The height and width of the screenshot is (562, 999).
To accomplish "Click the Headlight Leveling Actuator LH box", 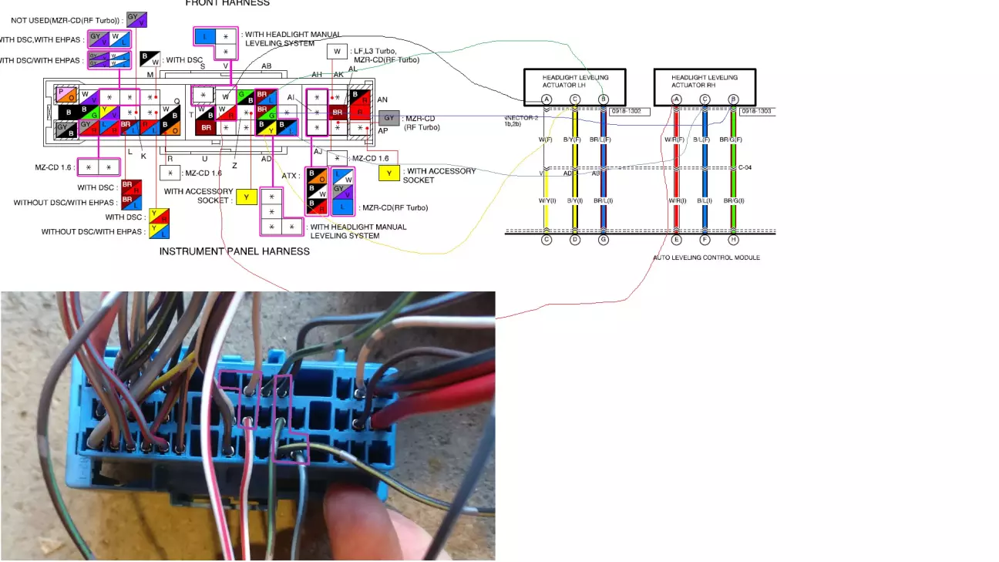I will point(574,81).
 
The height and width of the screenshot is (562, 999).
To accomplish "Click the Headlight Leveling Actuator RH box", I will point(704,81).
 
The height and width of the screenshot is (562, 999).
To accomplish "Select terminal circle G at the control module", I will point(604,240).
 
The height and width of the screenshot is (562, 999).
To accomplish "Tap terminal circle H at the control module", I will point(734,240).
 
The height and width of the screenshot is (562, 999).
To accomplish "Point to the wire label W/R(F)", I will point(676,140).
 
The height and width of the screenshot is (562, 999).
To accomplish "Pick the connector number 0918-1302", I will point(629,112).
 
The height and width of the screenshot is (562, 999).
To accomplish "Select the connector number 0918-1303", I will point(757,112).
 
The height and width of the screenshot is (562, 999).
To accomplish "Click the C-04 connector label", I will point(745,167).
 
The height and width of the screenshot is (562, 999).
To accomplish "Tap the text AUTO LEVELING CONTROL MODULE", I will point(706,257).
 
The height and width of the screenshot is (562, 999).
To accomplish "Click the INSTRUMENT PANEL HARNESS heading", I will point(234,251).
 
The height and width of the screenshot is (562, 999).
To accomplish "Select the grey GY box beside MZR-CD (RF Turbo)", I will point(388,119).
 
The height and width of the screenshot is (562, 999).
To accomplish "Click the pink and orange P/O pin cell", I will point(66,95).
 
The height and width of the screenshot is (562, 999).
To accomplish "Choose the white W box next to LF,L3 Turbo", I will point(336,52).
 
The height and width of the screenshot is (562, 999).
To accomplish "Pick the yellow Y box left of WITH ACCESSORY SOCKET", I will point(389,173).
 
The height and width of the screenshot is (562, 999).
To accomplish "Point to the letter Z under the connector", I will point(234,166).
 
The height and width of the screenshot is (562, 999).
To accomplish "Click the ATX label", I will point(291,176).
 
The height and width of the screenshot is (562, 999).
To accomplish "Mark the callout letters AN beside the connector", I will point(382,99).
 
